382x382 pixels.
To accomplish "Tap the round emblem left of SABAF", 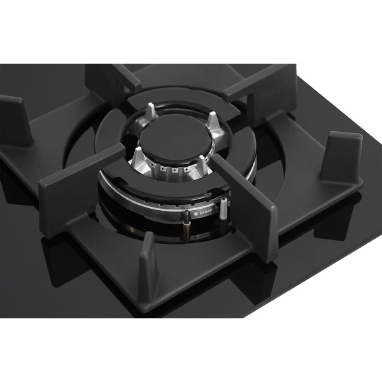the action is click(x=195, y=214).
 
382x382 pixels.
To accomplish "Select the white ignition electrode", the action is click(x=223, y=208).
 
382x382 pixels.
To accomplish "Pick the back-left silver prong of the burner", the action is click(x=150, y=111).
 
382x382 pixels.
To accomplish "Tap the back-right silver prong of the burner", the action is click(x=212, y=120).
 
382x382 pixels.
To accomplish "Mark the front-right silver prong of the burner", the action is click(x=202, y=164).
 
